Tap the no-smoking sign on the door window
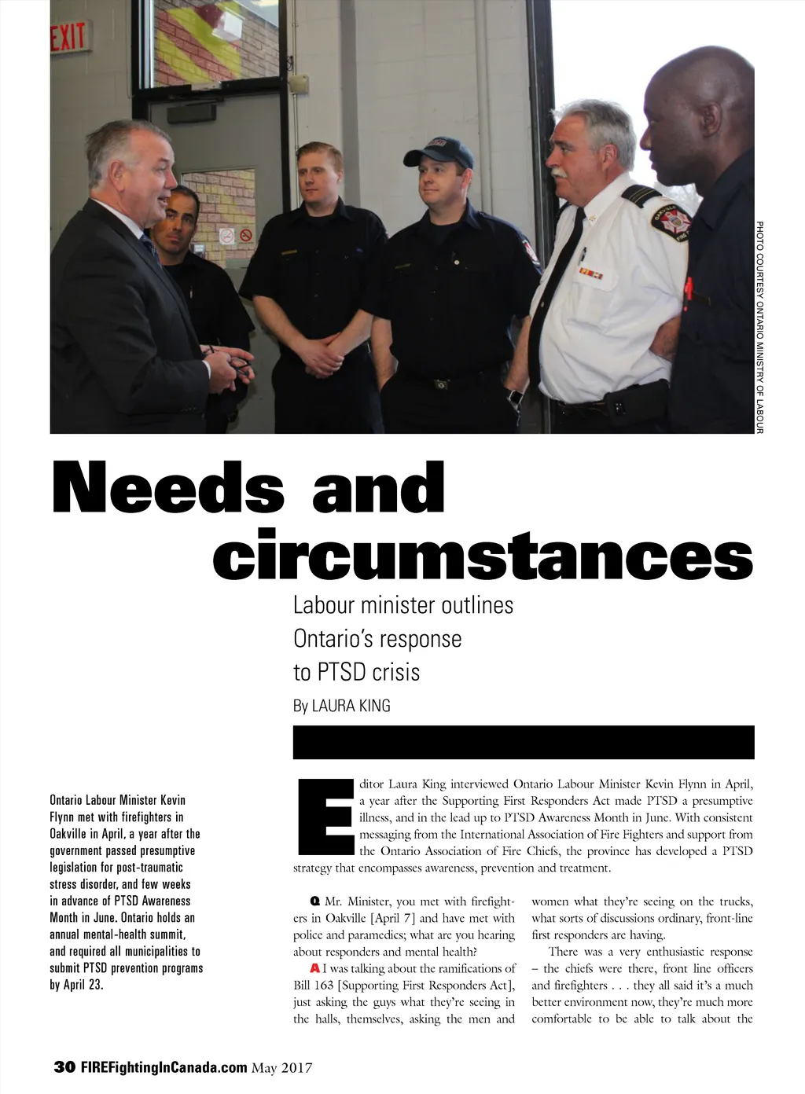pos(246,235)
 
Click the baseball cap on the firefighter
pos(438,152)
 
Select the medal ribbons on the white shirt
pos(591,273)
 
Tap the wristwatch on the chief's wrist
pos(516,397)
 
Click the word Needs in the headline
pos(167,488)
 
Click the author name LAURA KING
pos(351,706)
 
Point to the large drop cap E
pos(325,817)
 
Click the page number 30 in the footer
pos(64,1067)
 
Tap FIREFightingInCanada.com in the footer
pos(164,1067)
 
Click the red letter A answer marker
pos(314,968)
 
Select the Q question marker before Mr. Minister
pos(314,901)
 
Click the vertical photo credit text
pos(759,326)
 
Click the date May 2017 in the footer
pos(281,1067)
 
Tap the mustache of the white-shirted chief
pos(560,172)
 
